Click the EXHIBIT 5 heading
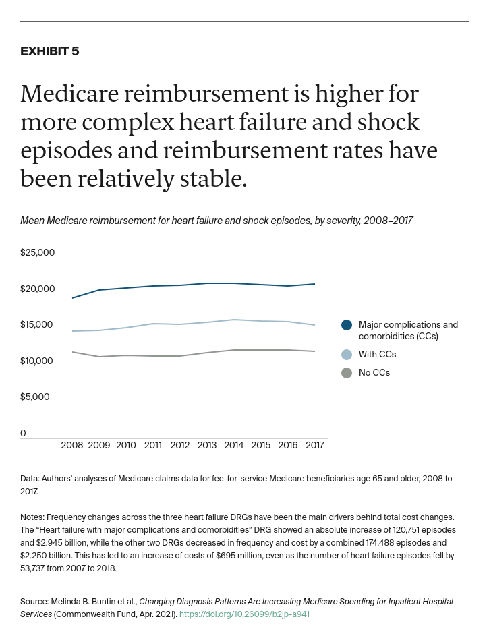[x=49, y=51]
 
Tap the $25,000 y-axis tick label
[x=37, y=253]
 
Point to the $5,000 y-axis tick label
[x=34, y=397]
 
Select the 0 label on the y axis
[x=23, y=433]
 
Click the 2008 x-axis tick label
[x=72, y=446]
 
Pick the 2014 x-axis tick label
[x=234, y=446]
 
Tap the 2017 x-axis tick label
[x=314, y=446]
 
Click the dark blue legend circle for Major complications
[x=347, y=325]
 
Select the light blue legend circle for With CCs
[x=347, y=355]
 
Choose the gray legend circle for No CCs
[x=347, y=373]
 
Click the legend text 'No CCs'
[x=374, y=373]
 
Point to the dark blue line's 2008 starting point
[x=72, y=297]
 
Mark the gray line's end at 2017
[x=314, y=351]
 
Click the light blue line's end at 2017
[x=314, y=325]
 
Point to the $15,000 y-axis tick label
[x=36, y=325]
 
